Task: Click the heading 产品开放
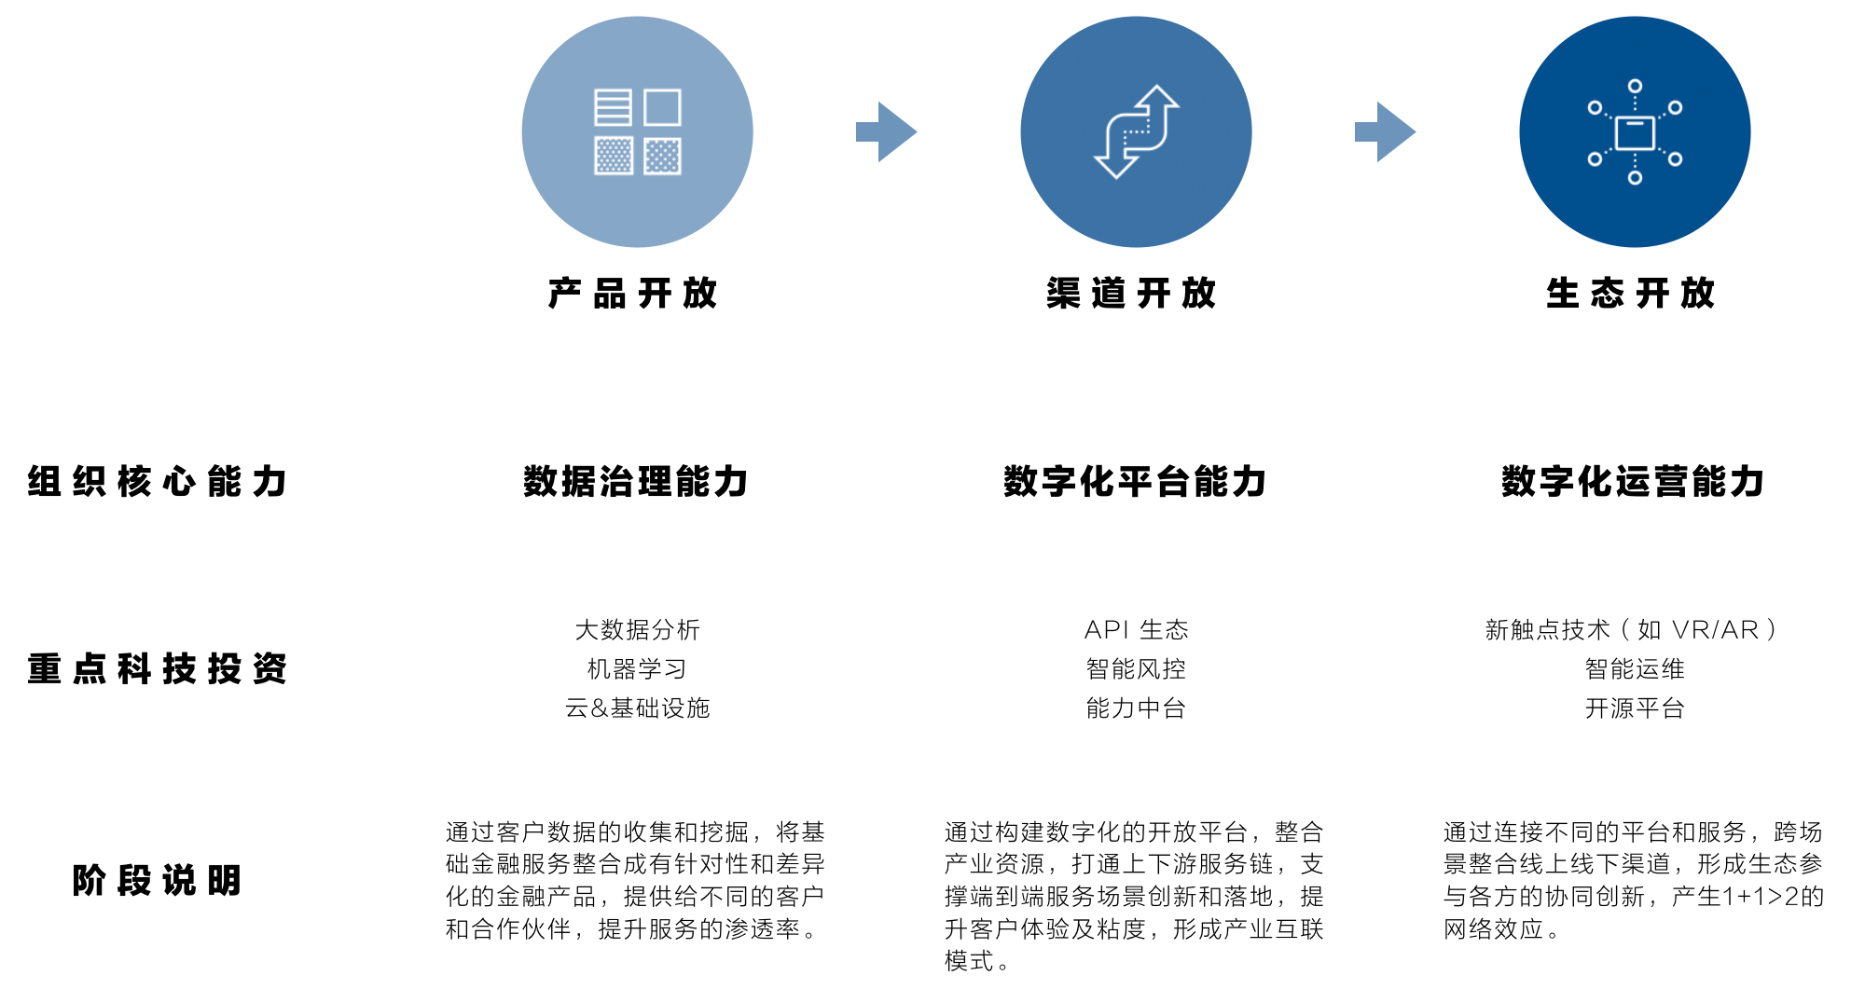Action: pos(633,293)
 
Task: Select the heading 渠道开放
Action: pos(1131,293)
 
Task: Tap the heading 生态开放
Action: pos(1630,293)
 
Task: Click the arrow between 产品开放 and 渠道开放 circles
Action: pos(887,132)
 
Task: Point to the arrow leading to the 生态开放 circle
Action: pos(1386,132)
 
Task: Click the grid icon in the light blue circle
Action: pos(638,132)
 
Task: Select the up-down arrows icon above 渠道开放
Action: pos(1136,132)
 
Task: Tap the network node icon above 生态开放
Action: pos(1635,132)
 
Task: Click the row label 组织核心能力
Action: pos(157,482)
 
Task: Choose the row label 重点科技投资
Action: pos(157,669)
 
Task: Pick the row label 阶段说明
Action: pos(157,881)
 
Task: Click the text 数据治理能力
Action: pos(636,482)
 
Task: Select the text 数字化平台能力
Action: pos(1135,482)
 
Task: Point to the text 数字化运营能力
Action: pos(1633,482)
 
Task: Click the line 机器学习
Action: pos(637,669)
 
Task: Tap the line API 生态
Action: pos(1136,630)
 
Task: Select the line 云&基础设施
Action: pos(637,708)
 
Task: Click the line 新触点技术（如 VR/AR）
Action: pos(1633,630)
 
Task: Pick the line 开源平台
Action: pos(1634,708)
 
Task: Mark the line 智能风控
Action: pos(1136,669)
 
